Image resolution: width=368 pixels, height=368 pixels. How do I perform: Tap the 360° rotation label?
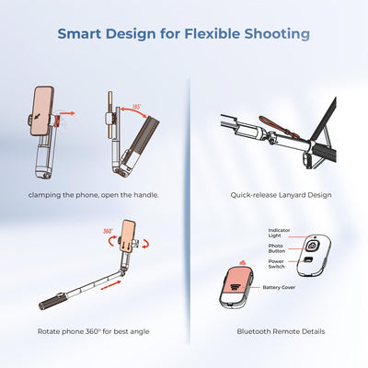coord(109,232)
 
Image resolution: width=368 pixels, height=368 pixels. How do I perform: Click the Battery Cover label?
coord(280,287)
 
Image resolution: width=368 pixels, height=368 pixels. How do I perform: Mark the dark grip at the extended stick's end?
coord(49,302)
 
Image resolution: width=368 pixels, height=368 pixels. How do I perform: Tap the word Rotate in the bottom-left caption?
coord(49,330)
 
